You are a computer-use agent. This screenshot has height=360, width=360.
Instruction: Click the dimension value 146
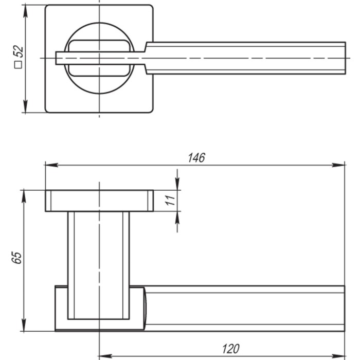point(196,158)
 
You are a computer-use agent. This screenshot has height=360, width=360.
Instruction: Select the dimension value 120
point(230,349)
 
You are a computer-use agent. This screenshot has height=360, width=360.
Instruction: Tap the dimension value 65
point(17,258)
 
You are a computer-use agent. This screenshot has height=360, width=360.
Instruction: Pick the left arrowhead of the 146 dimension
point(50,165)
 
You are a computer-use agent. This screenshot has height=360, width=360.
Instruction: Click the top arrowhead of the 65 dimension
point(24,195)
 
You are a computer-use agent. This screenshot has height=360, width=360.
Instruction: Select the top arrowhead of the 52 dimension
point(25,10)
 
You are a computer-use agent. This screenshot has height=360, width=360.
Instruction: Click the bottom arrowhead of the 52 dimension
point(25,107)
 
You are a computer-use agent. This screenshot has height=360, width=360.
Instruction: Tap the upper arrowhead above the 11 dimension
point(177,184)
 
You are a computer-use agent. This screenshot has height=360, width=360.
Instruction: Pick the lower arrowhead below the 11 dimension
point(177,218)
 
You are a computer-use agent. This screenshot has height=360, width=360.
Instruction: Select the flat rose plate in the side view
point(99,201)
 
